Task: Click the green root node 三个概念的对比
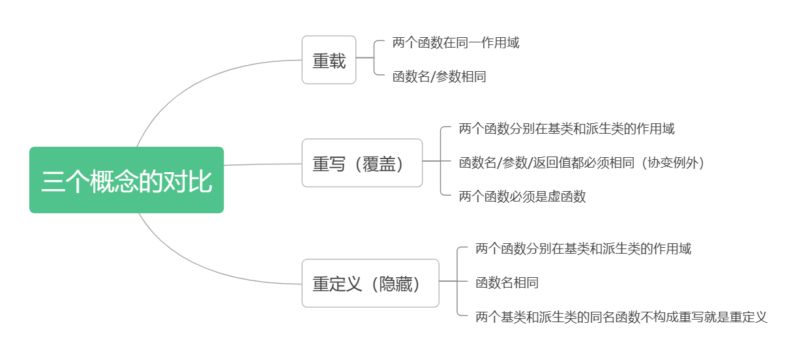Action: pyautogui.click(x=127, y=180)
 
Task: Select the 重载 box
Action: pyautogui.click(x=329, y=60)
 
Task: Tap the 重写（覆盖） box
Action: pyautogui.click(x=362, y=163)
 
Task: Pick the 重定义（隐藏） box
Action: pyautogui.click(x=370, y=284)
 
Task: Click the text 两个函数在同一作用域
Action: pyautogui.click(x=456, y=43)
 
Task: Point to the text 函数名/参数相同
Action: pyautogui.click(x=439, y=77)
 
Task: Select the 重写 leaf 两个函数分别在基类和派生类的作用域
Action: pyautogui.click(x=566, y=128)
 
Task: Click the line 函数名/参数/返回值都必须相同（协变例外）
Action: pyautogui.click(x=582, y=162)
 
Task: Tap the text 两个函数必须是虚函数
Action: pyautogui.click(x=522, y=196)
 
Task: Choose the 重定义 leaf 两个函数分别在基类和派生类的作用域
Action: pyautogui.click(x=583, y=248)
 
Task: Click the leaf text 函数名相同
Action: pyautogui.click(x=507, y=282)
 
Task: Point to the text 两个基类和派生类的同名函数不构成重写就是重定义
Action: pyautogui.click(x=621, y=317)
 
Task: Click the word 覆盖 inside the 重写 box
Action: pyautogui.click(x=379, y=163)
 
